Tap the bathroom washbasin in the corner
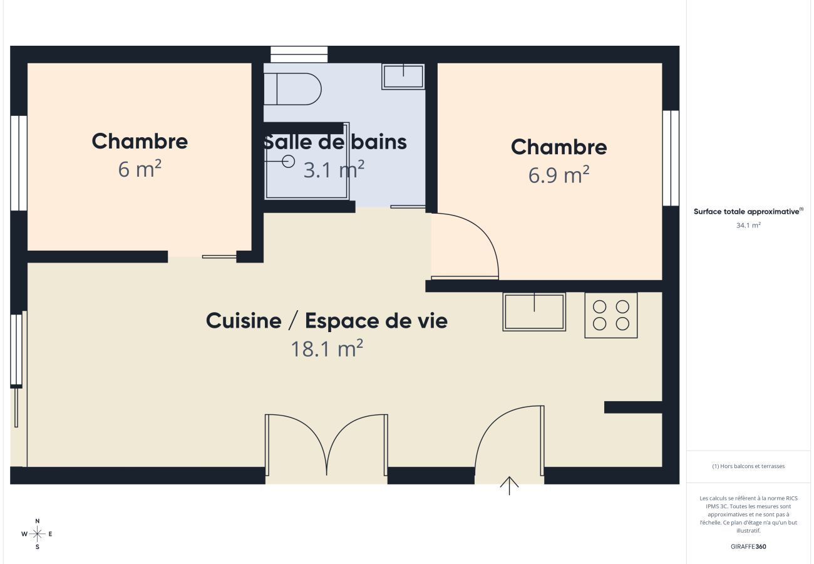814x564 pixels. [403, 76]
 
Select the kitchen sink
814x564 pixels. [534, 312]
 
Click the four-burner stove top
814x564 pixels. [611, 315]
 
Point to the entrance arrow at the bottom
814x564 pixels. [509, 486]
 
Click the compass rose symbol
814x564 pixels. [38, 534]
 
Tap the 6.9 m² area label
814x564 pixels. [559, 175]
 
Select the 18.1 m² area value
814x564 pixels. [327, 348]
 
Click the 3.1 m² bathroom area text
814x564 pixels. [334, 169]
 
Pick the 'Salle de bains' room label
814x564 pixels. [335, 142]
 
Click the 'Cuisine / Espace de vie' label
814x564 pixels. [327, 321]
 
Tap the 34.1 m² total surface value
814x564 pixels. [748, 225]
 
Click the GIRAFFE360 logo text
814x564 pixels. [748, 546]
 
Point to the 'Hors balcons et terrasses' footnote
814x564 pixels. [748, 466]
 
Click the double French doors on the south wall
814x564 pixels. [326, 445]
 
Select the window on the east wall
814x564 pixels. [671, 158]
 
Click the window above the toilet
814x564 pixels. [299, 55]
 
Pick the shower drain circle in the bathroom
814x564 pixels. [288, 161]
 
